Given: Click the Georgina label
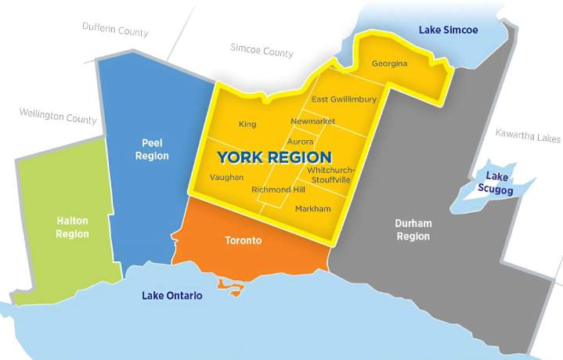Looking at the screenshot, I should coord(389,63).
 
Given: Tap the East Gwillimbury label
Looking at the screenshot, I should coord(344,99).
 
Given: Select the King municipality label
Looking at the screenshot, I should coord(247,124).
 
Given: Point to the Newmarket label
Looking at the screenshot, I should coord(312,122).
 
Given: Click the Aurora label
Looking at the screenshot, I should coord(300,142).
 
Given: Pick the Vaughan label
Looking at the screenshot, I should coord(226,178).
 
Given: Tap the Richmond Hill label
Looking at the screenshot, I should coord(277,189).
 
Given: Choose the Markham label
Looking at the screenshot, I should coord(313,208).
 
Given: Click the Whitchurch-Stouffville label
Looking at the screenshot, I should coord(331,175).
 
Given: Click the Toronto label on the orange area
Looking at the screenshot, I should coord(244,240).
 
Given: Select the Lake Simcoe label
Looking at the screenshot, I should coord(448,30).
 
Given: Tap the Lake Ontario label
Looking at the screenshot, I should coord(172,296).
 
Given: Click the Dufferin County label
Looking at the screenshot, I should coord(115,29).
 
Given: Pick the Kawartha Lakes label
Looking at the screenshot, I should coord(528,136).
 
